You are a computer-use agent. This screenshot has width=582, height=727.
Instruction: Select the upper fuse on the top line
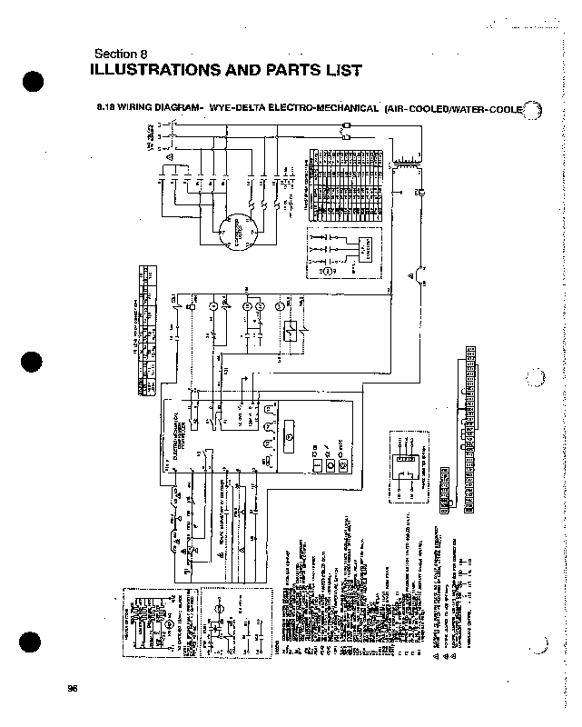(x=346, y=125)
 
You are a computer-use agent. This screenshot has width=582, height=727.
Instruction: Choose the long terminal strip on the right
(x=470, y=426)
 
